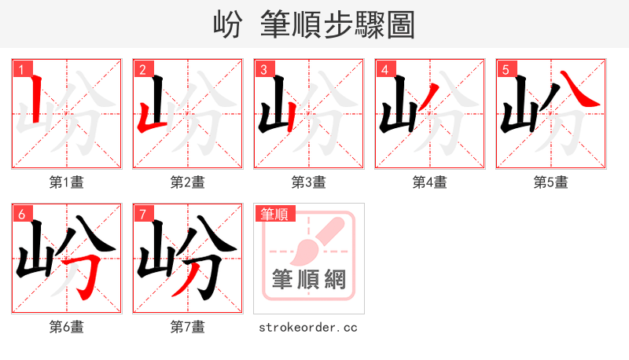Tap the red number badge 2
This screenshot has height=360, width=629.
142,69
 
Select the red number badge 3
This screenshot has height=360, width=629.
263,69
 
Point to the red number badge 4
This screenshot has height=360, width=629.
384,69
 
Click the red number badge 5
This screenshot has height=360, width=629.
506,69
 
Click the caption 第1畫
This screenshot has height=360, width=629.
67,182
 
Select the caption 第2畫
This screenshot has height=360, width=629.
188,182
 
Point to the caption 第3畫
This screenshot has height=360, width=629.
309,182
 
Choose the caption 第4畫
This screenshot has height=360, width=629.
430,182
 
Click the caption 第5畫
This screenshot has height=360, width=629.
551,182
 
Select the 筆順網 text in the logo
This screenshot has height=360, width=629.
308,280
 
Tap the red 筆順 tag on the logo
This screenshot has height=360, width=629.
274,213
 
